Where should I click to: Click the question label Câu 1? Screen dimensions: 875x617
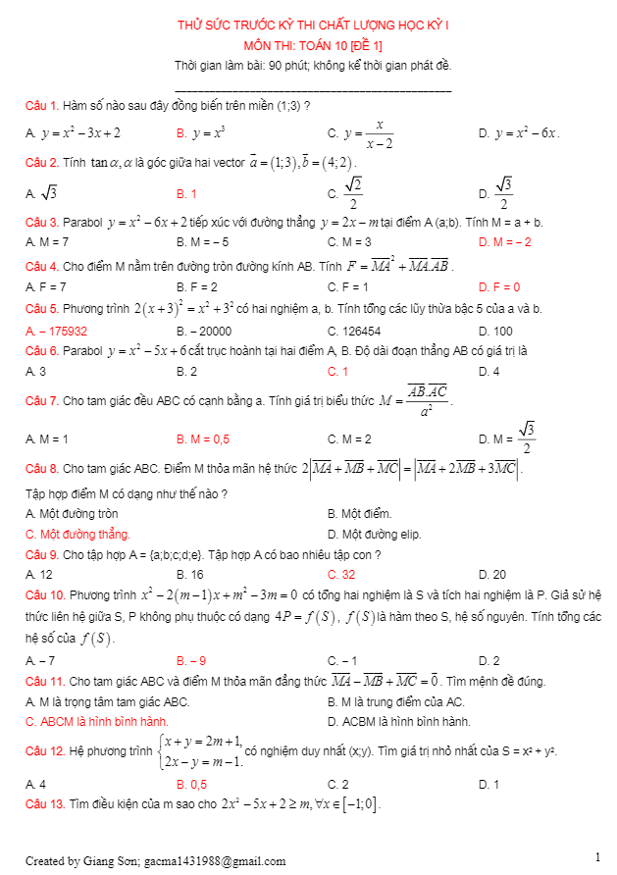point(40,105)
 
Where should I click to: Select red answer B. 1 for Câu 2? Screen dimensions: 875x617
point(186,194)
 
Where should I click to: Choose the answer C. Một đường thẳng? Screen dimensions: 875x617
point(77,534)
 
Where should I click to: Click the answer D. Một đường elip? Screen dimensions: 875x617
point(376,534)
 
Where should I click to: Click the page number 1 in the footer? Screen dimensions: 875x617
point(597,857)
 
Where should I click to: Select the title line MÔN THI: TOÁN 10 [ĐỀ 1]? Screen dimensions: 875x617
point(313,45)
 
